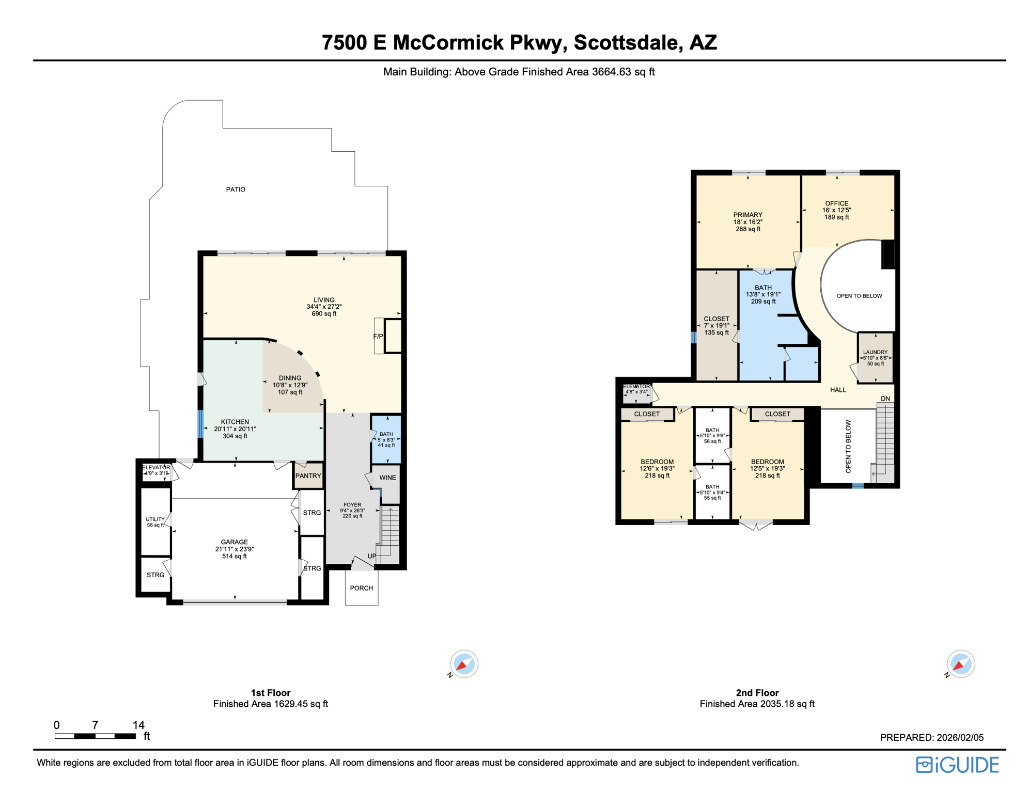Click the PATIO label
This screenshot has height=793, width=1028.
coord(236,189)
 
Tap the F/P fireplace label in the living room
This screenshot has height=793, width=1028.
coord(378,336)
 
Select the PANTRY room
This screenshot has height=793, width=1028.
coord(308,476)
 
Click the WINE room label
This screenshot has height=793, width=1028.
coord(387,478)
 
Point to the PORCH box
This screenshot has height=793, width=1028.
coord(361,588)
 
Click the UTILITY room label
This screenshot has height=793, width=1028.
coord(155,519)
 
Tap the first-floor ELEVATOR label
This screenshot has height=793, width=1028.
coord(156,468)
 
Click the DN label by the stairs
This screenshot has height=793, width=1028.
coord(885,399)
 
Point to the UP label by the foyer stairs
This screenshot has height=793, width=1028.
coord(372,556)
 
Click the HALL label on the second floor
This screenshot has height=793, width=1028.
coord(838,390)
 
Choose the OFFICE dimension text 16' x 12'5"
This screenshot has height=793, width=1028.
coord(836,210)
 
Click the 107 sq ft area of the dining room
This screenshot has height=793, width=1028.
coord(290,392)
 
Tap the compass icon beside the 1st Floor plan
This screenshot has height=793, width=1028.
coord(463,664)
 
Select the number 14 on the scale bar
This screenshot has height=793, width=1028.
coord(138,725)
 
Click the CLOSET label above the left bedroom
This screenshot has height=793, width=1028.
coord(647,414)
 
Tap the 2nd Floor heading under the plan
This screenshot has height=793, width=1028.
coord(757,693)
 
